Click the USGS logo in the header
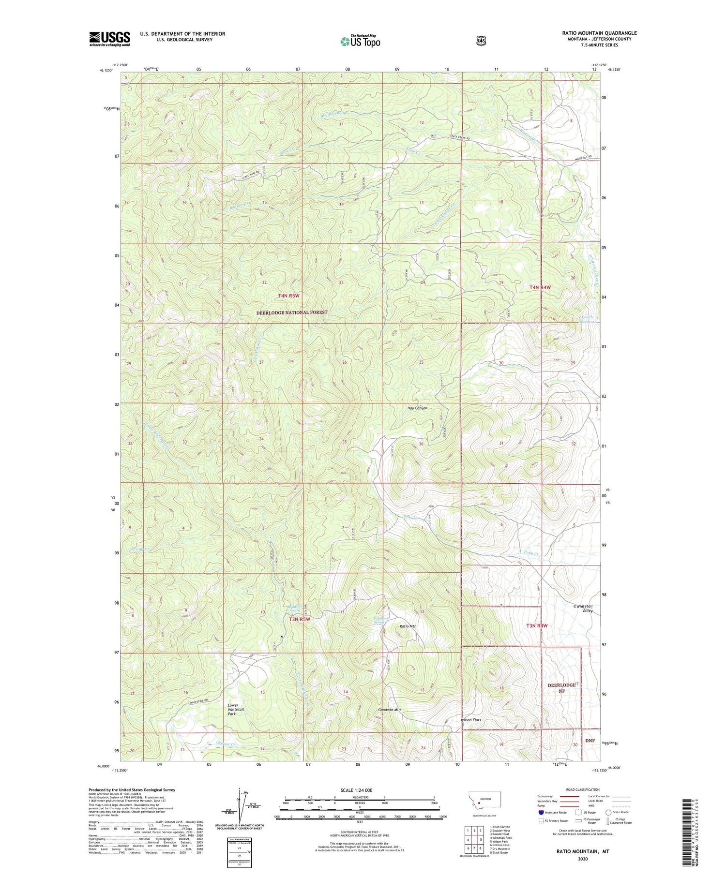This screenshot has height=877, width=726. pyautogui.click(x=109, y=39)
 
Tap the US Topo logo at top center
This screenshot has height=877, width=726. pyautogui.click(x=360, y=41)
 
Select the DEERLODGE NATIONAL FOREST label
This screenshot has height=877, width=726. pyautogui.click(x=291, y=312)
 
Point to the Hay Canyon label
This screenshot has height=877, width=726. pyautogui.click(x=417, y=408)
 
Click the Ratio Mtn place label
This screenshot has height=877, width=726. pyautogui.click(x=408, y=626)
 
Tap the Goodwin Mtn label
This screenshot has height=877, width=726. pyautogui.click(x=390, y=710)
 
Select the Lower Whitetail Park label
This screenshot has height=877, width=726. pyautogui.click(x=236, y=710)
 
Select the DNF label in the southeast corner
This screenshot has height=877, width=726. pyautogui.click(x=590, y=741)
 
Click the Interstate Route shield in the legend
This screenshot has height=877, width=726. pyautogui.click(x=541, y=812)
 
